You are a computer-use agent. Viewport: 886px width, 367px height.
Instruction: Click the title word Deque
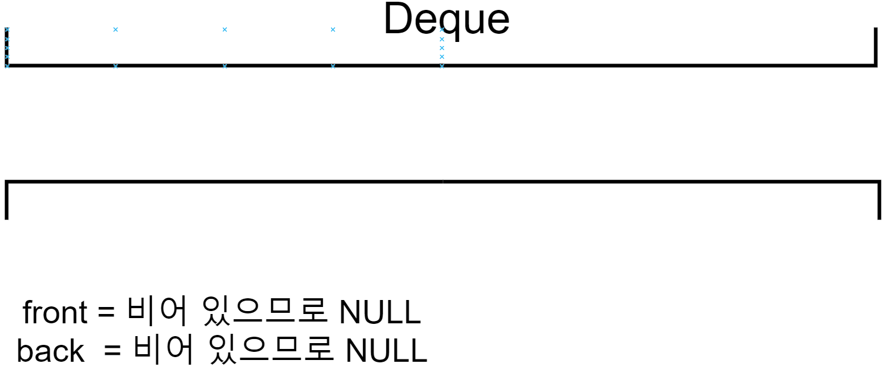446,19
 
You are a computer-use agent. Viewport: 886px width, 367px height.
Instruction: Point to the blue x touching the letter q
442,29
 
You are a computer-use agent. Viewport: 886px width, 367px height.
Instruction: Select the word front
55,313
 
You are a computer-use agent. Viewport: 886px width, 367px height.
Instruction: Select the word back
51,351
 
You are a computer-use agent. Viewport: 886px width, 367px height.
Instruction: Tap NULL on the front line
379,313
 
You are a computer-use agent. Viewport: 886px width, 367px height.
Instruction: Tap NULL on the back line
386,351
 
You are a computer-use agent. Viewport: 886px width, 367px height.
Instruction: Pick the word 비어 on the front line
157,313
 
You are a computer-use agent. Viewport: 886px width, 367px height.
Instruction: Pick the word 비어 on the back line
163,350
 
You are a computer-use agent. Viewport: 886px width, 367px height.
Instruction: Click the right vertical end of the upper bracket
874,47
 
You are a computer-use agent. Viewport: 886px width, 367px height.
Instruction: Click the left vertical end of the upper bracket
7,47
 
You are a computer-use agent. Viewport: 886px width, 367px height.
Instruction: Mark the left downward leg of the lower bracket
6,201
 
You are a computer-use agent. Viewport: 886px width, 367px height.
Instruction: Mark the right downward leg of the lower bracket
878,201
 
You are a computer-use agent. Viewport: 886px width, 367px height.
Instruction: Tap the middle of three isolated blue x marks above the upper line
225,29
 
